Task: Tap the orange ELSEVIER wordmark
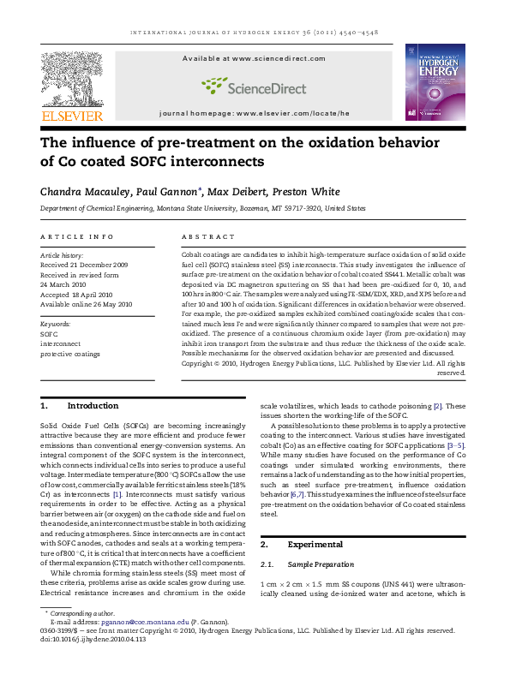[72, 116]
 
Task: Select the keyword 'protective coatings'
[70, 353]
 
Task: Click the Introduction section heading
[92, 405]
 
